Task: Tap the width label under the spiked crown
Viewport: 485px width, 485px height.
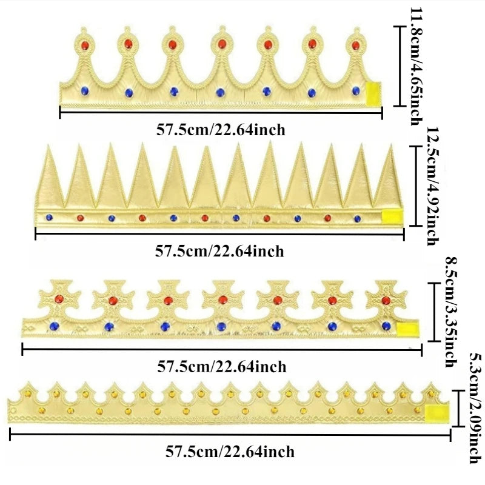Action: tap(219, 250)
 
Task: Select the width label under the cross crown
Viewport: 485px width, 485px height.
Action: tap(222, 366)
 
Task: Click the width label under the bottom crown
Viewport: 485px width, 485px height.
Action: tap(230, 452)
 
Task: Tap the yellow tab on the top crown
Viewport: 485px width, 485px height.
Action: tap(372, 92)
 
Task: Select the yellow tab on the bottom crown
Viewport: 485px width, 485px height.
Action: tap(436, 412)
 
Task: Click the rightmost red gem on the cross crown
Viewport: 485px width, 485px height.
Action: tap(386, 299)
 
